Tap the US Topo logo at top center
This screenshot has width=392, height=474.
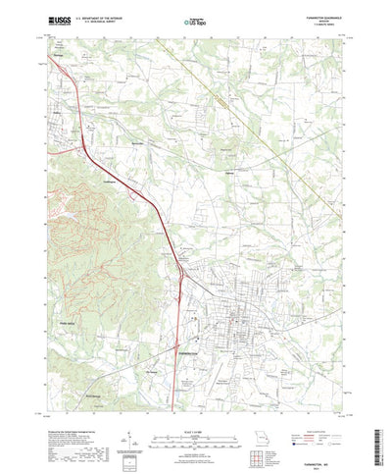[195, 19]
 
